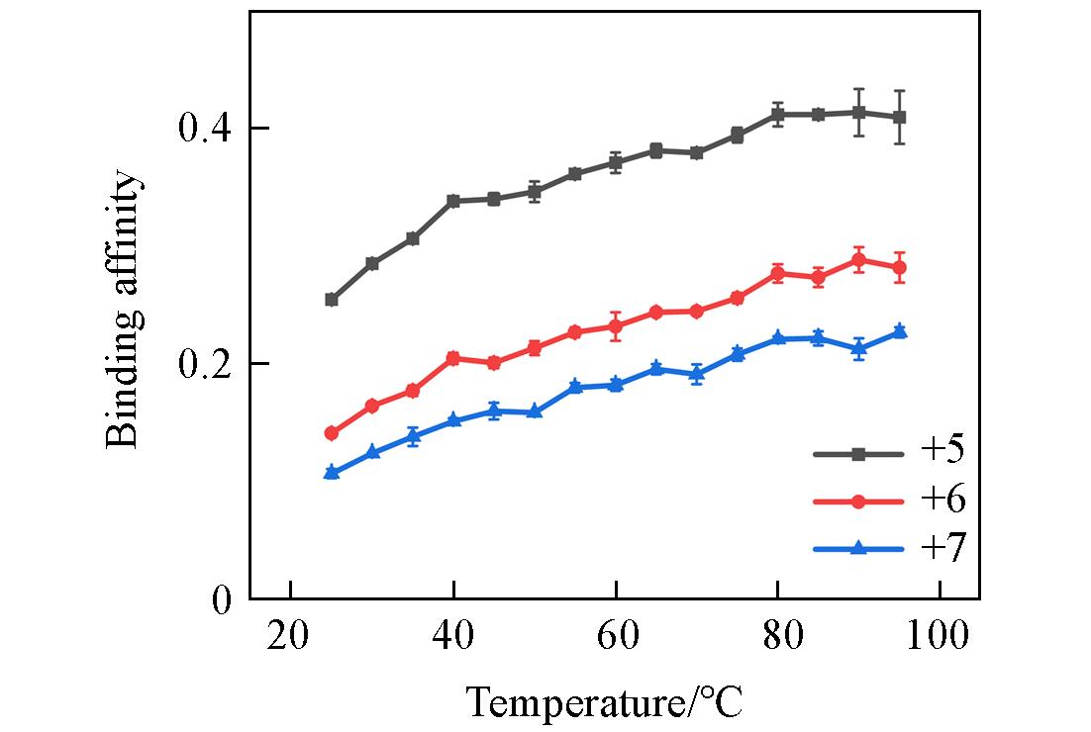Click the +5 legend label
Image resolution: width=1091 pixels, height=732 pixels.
pyautogui.click(x=942, y=452)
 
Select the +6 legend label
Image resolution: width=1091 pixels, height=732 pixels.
pyautogui.click(x=942, y=501)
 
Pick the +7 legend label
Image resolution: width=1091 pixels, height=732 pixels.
pyautogui.click(x=942, y=548)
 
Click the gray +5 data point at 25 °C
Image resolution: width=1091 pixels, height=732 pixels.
pyautogui.click(x=332, y=300)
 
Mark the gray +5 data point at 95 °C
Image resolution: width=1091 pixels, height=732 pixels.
pyautogui.click(x=899, y=117)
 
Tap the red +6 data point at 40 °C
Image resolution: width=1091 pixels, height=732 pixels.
pyautogui.click(x=453, y=358)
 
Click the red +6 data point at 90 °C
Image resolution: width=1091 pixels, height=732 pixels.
pyautogui.click(x=858, y=260)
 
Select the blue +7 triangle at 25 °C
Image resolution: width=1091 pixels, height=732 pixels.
pyautogui.click(x=332, y=473)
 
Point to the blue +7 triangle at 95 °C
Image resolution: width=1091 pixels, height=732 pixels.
pyautogui.click(x=899, y=330)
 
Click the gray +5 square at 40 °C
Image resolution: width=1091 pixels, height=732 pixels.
pyautogui.click(x=453, y=201)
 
